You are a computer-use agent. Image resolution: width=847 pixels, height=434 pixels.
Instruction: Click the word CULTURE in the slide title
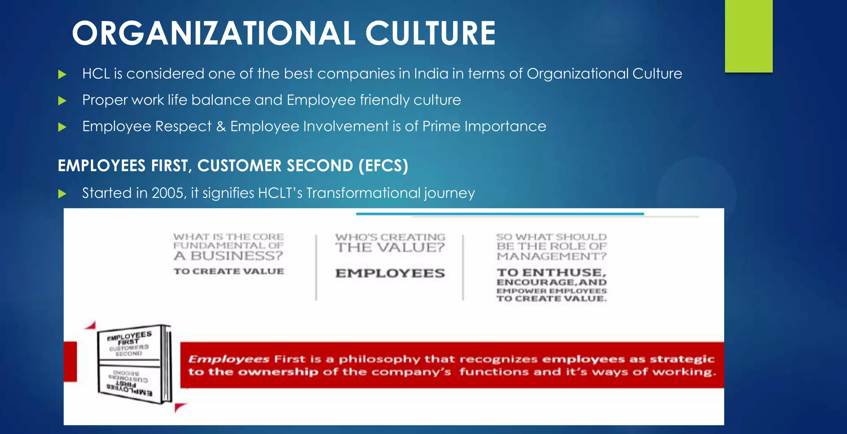430,34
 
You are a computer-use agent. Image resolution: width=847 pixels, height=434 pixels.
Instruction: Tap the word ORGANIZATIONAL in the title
213,34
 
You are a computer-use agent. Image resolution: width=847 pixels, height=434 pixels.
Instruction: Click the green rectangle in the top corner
749,36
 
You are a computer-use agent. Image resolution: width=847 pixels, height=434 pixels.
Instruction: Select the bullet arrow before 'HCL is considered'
62,74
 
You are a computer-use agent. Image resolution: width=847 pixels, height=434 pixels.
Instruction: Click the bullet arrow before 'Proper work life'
62,101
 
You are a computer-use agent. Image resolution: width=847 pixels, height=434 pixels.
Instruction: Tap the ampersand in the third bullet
221,126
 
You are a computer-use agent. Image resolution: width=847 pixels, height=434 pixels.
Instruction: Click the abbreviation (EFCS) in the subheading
383,165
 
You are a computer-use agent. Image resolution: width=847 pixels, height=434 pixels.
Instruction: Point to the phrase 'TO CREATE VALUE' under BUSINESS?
229,271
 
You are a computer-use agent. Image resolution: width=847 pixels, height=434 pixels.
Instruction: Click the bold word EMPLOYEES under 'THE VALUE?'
390,273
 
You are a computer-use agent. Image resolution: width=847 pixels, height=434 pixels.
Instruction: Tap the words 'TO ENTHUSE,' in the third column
551,272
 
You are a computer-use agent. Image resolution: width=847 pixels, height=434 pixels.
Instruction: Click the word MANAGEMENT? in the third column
551,256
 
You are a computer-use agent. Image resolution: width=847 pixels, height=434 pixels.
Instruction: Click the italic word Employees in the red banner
229,359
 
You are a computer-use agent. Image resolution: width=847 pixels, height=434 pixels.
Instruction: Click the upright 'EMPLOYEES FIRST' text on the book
129,338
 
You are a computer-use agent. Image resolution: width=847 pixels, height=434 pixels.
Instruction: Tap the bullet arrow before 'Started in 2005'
62,194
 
